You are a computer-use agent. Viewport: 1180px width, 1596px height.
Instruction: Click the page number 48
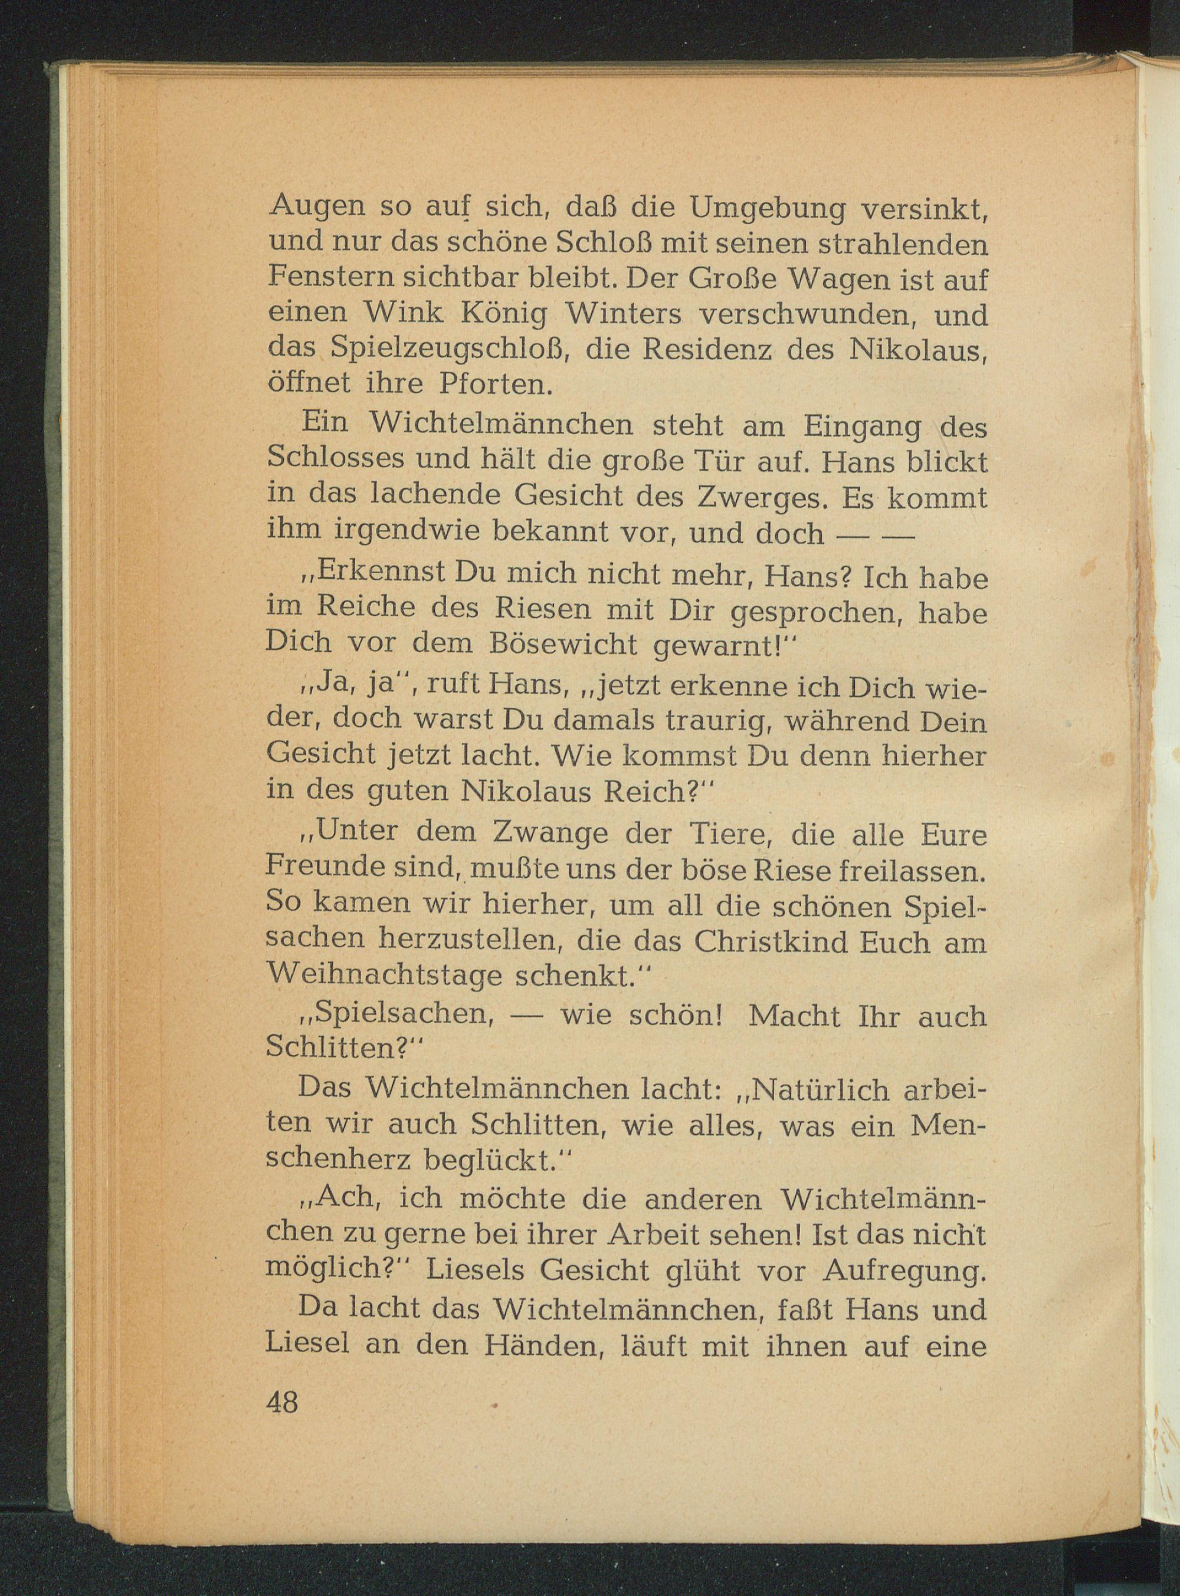(281, 1403)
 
